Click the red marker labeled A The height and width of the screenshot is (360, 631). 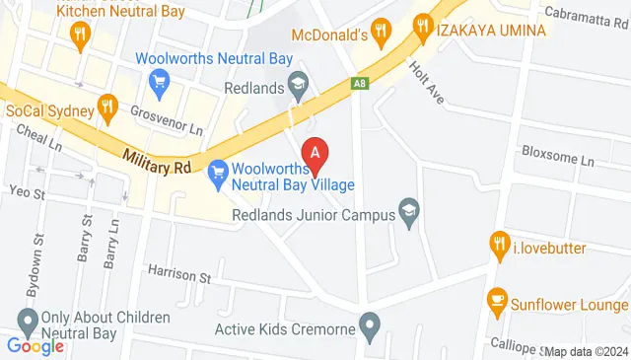point(315,153)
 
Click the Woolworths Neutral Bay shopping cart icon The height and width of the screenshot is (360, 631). point(159,80)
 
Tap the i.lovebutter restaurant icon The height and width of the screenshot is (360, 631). point(500,243)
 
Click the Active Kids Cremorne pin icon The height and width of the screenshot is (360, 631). point(370,324)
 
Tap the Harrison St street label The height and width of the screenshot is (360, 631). point(179,273)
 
